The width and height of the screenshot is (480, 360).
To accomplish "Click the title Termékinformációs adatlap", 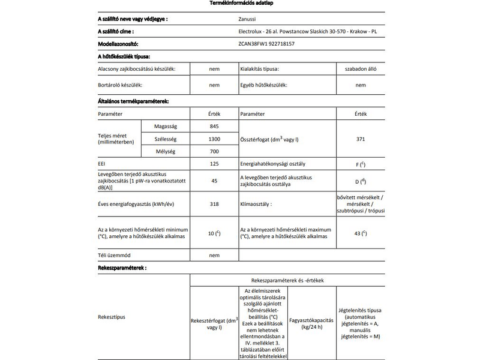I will (239, 4).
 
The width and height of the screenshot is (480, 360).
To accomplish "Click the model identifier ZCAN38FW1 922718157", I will (266, 44).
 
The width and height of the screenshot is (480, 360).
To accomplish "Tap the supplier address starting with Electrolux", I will (307, 31).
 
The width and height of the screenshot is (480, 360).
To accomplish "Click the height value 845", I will (214, 126).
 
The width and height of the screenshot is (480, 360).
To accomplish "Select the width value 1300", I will (214, 139).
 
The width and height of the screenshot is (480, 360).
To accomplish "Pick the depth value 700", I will (214, 151).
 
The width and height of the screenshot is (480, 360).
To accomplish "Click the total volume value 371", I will (360, 139).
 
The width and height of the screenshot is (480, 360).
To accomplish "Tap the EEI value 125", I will (214, 163).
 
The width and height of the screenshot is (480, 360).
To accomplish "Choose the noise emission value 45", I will (214, 181).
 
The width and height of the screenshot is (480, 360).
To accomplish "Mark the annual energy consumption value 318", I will (214, 204).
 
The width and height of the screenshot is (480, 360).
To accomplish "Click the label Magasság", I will (164, 126).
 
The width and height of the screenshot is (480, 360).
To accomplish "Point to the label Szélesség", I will (164, 139).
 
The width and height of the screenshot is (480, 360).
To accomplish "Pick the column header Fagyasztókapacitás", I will (311, 319).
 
